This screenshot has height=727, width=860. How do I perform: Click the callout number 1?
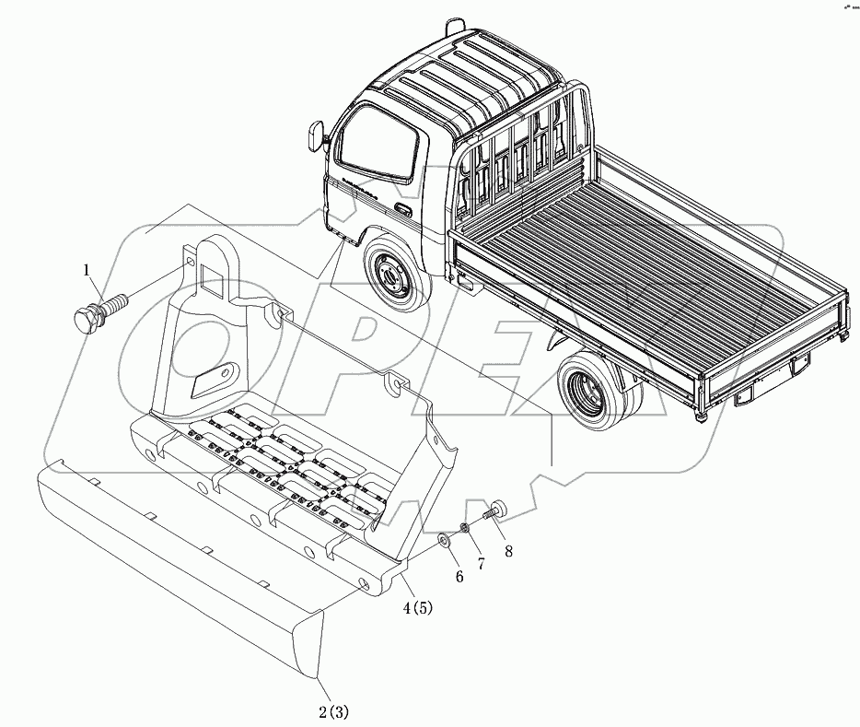pyautogui.click(x=87, y=270)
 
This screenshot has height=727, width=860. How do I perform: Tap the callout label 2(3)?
pyautogui.click(x=332, y=710)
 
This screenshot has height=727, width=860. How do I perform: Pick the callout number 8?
pyautogui.click(x=508, y=552)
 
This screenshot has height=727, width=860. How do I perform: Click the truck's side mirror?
pyautogui.click(x=320, y=135)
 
